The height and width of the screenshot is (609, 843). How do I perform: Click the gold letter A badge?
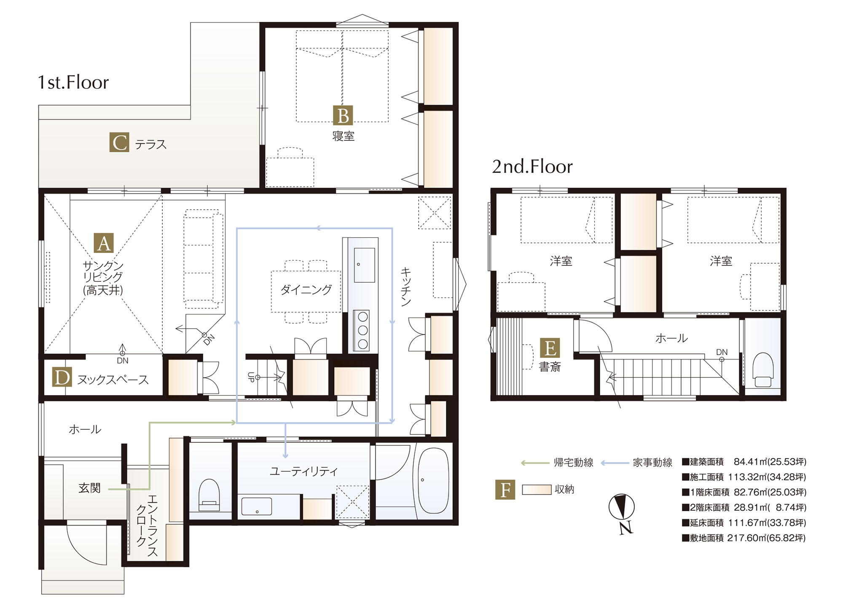104,243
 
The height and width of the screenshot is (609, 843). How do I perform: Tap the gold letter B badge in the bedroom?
343,115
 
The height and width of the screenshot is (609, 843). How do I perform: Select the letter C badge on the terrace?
119,142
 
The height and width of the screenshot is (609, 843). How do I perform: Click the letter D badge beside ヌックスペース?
62,377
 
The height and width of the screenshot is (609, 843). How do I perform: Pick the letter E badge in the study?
550,348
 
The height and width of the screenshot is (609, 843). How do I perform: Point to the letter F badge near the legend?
505,490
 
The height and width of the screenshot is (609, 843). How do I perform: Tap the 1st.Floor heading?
73,82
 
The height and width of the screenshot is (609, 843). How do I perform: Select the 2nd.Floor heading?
532,167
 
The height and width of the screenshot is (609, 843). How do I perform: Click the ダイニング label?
306,290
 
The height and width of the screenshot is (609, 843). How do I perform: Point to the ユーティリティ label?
303,471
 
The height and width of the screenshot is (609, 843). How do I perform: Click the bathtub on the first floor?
433,480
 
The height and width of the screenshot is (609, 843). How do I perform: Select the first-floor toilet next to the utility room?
209,495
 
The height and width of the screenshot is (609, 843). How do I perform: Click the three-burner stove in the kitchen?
362,330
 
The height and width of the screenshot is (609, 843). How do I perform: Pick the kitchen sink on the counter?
364,265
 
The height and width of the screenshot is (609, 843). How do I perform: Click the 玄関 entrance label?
89,488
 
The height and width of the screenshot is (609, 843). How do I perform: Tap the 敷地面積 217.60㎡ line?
744,538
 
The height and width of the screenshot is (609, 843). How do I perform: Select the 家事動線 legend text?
652,463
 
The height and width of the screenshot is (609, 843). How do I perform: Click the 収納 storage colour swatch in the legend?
537,490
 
